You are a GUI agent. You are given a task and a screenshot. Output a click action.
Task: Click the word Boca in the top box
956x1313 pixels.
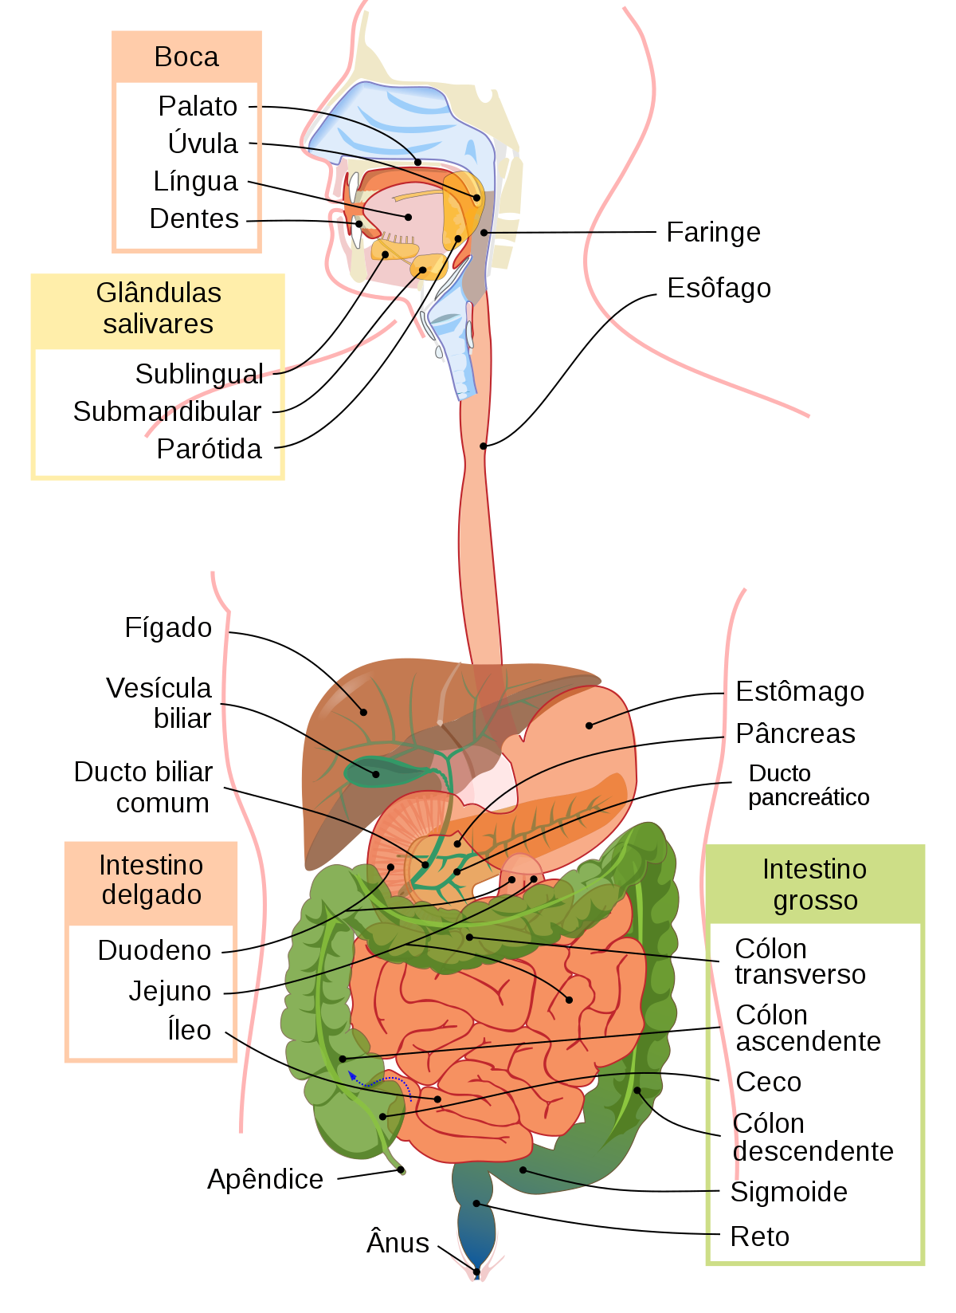pos(186,57)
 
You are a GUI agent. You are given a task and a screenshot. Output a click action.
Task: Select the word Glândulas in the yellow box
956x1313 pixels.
pos(159,293)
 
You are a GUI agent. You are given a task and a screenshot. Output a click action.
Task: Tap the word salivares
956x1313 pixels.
pos(159,324)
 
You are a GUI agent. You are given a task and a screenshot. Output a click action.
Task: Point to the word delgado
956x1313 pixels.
pos(151,895)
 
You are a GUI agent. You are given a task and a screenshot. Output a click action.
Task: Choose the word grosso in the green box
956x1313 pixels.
pos(815,901)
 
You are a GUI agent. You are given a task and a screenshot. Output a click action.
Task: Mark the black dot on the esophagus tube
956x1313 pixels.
pos(484,446)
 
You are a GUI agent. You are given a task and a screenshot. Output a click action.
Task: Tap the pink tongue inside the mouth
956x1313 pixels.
pos(406,215)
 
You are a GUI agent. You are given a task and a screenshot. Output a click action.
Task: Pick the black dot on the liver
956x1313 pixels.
pos(364,712)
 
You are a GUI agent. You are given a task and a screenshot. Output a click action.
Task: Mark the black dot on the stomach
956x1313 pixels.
pos(589,725)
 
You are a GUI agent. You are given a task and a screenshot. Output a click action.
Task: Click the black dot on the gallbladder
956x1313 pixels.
pos(375,773)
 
